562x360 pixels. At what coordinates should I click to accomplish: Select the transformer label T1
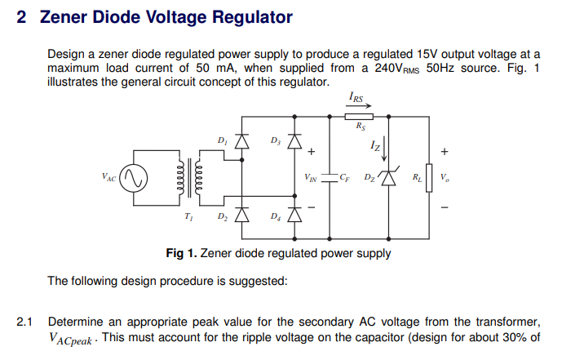pyautogui.click(x=189, y=216)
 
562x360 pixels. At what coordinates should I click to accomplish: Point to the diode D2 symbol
pyautogui.click(x=241, y=216)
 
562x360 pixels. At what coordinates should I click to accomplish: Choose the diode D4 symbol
pyautogui.click(x=295, y=216)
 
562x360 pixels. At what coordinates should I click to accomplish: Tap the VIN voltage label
pyautogui.click(x=311, y=177)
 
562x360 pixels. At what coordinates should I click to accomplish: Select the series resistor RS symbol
pyautogui.click(x=360, y=116)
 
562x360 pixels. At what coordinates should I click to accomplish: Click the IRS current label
pyautogui.click(x=357, y=97)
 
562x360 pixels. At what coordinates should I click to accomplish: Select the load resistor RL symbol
pyautogui.click(x=429, y=177)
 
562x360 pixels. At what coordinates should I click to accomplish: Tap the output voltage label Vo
pyautogui.click(x=444, y=177)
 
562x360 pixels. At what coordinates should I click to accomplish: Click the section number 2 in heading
pyautogui.click(x=22, y=17)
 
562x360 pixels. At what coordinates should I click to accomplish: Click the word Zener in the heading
pyautogui.click(x=66, y=17)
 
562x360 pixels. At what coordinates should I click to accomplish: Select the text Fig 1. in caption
pyautogui.click(x=181, y=253)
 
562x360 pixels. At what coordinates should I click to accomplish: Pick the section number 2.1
pyautogui.click(x=25, y=322)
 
